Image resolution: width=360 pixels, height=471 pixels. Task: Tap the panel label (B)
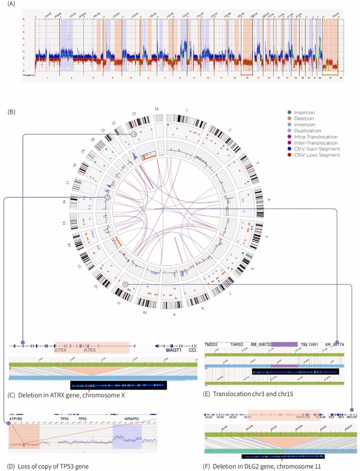coord(12,112)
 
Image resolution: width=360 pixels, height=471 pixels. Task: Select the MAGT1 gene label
coord(173,350)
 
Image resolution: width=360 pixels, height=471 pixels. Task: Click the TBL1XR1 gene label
coord(310,344)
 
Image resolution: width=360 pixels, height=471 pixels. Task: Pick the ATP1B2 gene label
coord(17,418)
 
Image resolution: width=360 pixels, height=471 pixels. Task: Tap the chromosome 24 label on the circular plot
coord(157,109)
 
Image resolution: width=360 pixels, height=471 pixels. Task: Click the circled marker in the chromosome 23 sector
coord(135,135)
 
